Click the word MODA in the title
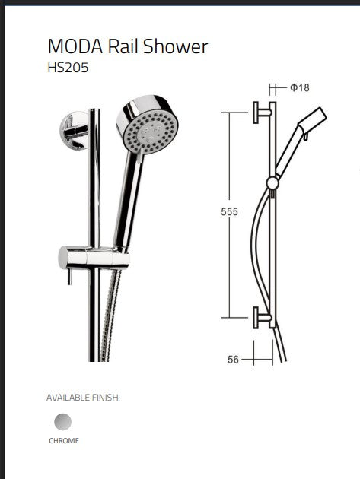click(75, 46)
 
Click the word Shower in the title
click(175, 46)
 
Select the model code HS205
click(68, 68)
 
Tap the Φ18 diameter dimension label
click(300, 88)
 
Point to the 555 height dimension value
click(229, 211)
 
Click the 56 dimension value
click(233, 360)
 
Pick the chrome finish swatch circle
click(62, 422)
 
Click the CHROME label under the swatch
click(64, 440)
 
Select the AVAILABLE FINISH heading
click(83, 398)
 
